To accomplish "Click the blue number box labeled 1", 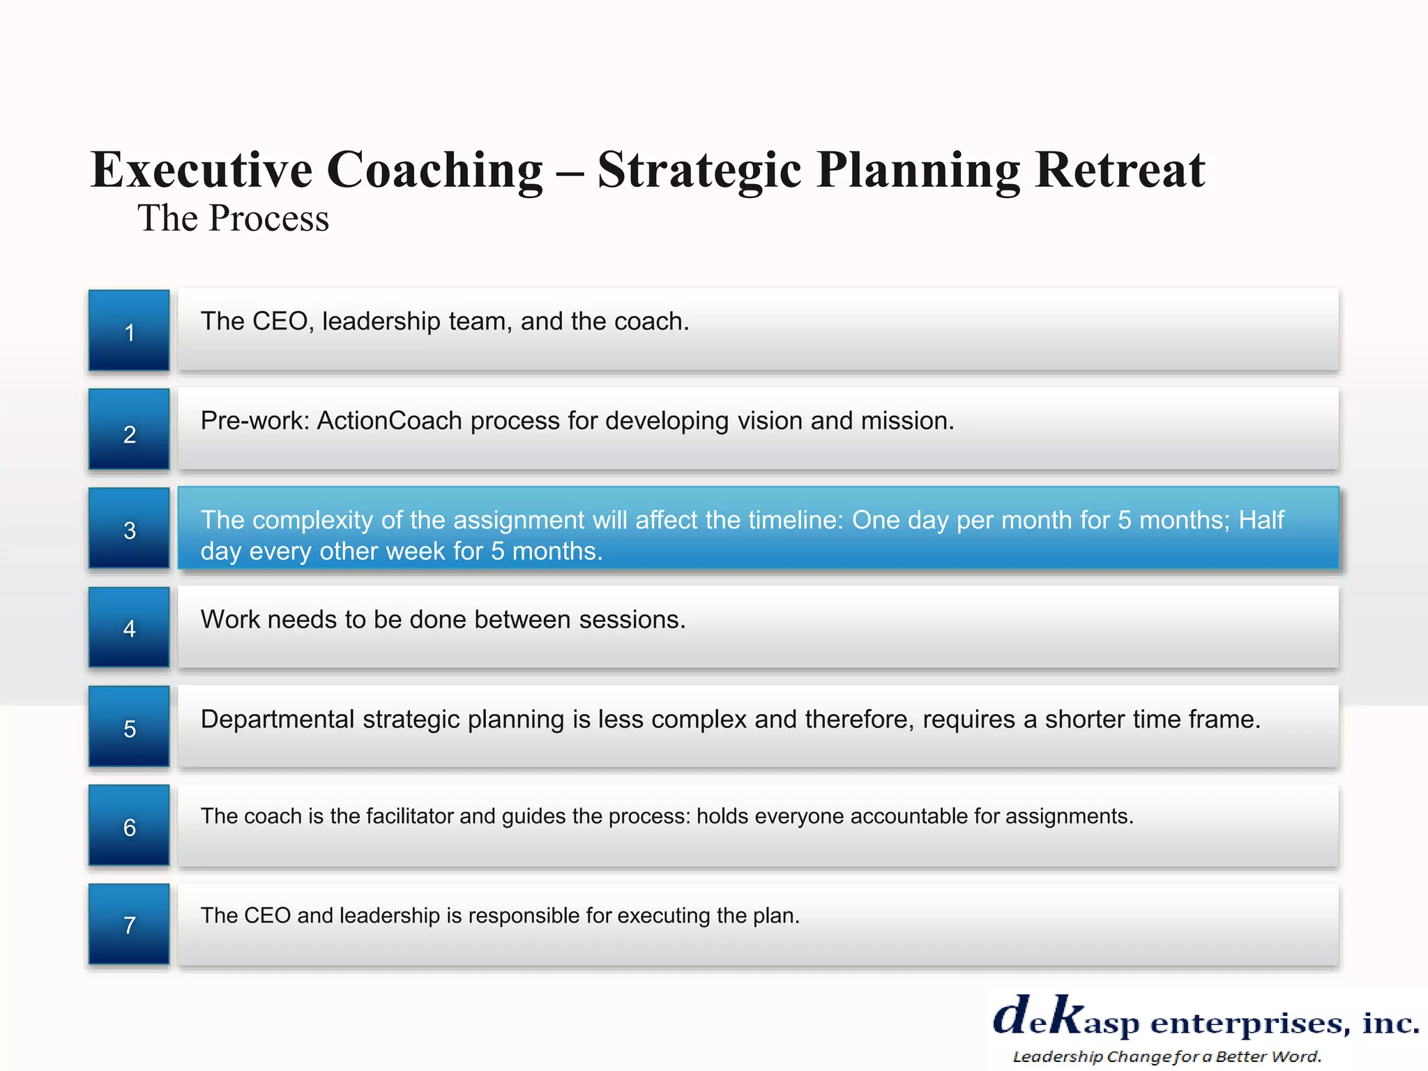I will point(129,331).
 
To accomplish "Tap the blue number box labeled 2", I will point(129,430).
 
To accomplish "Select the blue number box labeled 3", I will point(129,529).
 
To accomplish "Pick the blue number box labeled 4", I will point(129,628).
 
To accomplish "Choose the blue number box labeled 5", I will point(129,727).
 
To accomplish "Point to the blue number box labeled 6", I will point(129,826).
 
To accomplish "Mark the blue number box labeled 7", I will point(129,925).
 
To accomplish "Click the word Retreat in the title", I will point(1120,170).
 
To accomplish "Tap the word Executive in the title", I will point(202,170).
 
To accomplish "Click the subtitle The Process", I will point(233,218).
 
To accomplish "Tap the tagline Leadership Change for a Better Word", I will point(1167,1056).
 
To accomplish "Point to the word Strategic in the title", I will point(699,170).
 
